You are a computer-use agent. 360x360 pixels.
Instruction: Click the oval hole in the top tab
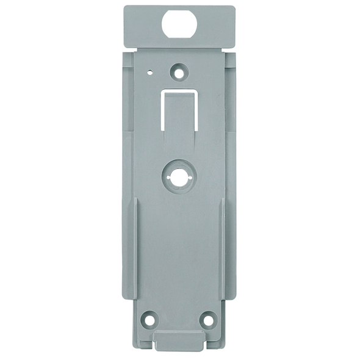click(x=180, y=25)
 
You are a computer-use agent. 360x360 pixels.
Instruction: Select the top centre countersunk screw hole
click(x=179, y=72)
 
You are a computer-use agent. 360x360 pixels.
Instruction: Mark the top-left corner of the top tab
click(x=125, y=8)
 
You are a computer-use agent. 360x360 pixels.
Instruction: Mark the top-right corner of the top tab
click(x=234, y=8)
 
